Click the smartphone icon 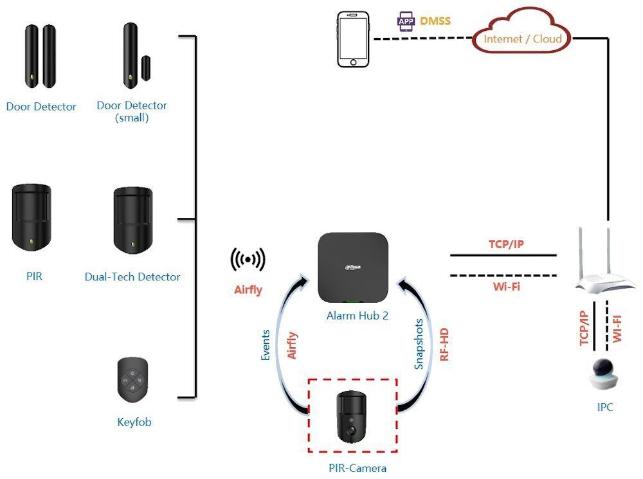tap(353, 39)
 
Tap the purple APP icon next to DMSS tap(406, 22)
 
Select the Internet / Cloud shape tap(521, 31)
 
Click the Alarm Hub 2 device tap(352, 268)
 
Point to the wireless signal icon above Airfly tap(248, 260)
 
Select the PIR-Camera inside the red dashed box tap(352, 417)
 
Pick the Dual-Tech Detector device tap(133, 221)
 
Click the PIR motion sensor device tap(32, 217)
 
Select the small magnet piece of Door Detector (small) tap(145, 68)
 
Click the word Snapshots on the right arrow tap(419, 344)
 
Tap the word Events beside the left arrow tap(266, 345)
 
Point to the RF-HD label tap(444, 345)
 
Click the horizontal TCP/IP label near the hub tap(506, 244)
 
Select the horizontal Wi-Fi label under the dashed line tap(507, 286)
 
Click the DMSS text tap(435, 21)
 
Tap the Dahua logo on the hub tap(352, 267)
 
